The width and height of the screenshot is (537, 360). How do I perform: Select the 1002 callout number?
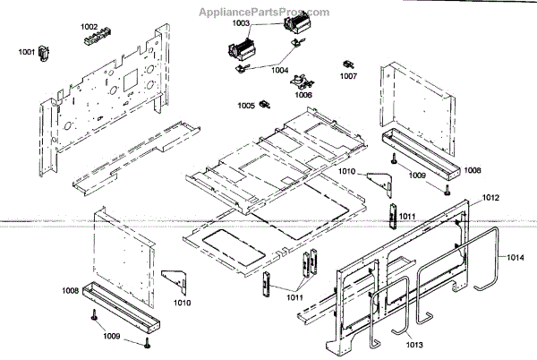coord(89,28)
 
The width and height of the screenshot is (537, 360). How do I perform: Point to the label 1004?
coord(280,68)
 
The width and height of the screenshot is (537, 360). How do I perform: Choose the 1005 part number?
coord(245,106)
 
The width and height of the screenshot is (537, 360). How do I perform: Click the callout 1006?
coord(303,94)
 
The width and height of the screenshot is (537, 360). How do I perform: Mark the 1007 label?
coord(348,76)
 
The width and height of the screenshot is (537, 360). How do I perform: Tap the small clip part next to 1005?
coord(264,108)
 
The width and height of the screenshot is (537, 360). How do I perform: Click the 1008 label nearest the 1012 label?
coord(472,170)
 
